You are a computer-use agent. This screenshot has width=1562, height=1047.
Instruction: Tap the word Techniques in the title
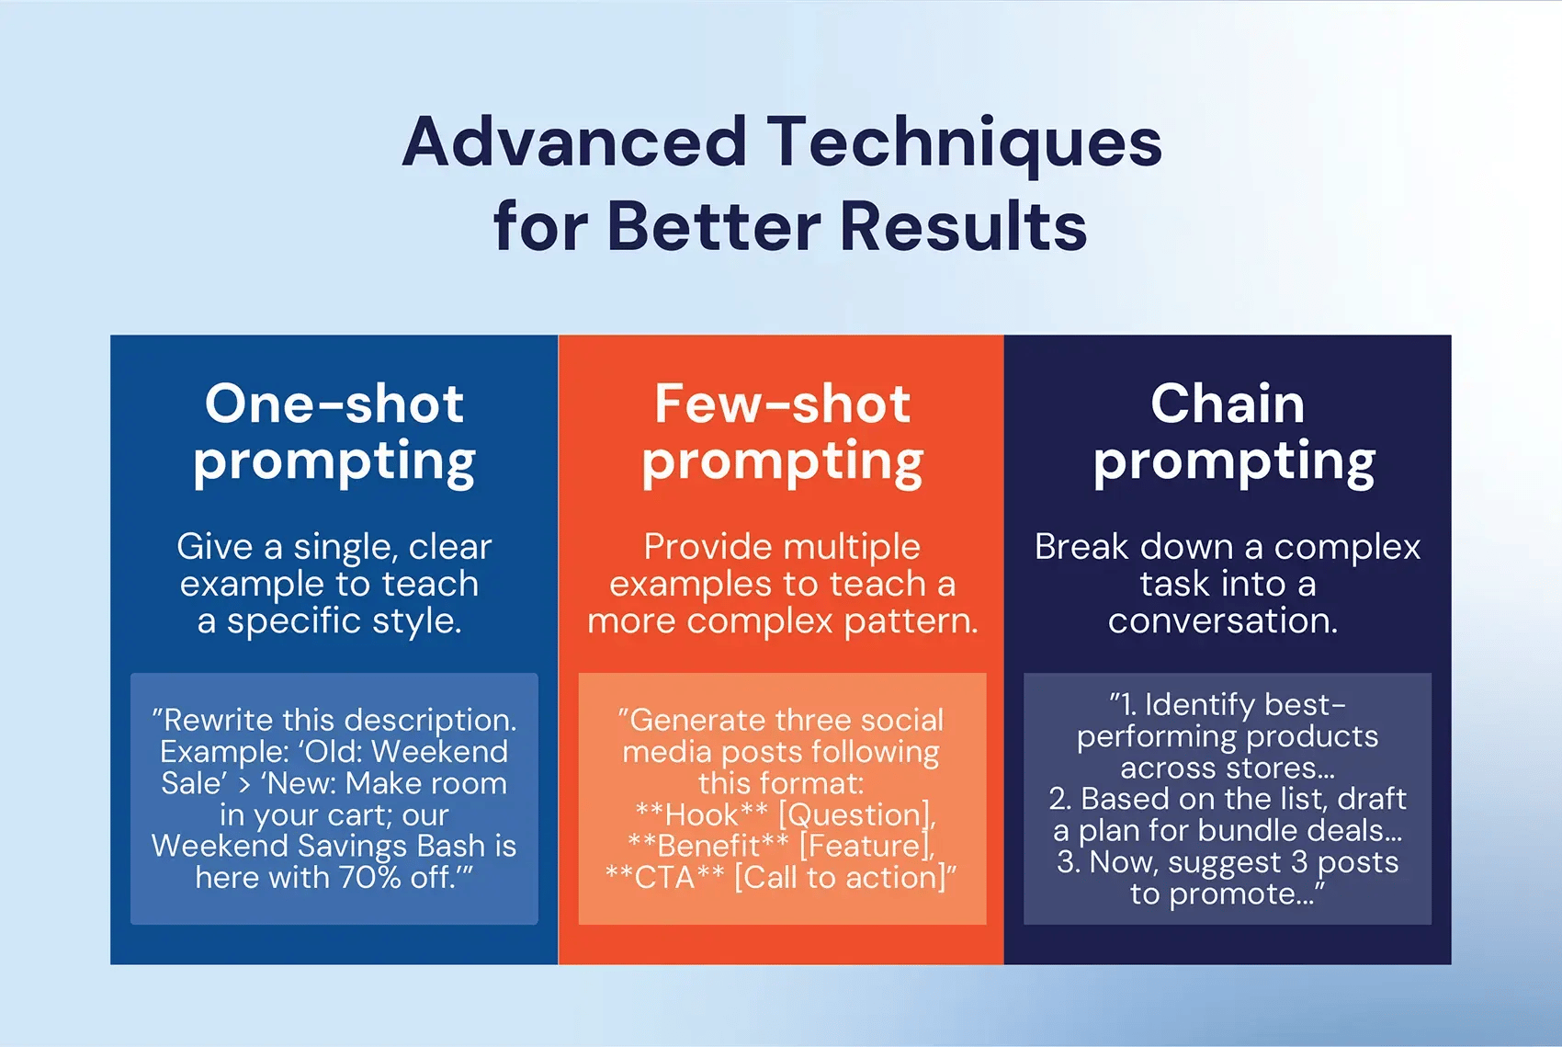tap(965, 143)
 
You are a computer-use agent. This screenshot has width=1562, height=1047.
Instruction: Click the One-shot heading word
tap(334, 404)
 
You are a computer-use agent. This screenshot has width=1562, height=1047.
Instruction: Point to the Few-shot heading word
tap(782, 404)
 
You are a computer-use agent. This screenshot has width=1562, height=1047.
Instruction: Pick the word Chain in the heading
tap(1228, 404)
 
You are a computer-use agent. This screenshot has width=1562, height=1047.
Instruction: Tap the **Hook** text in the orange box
tap(701, 814)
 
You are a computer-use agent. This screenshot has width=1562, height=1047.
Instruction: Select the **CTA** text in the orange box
tap(664, 877)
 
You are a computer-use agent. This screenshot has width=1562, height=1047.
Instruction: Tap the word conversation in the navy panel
tap(1223, 620)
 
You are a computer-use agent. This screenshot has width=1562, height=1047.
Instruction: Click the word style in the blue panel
tap(415, 620)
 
